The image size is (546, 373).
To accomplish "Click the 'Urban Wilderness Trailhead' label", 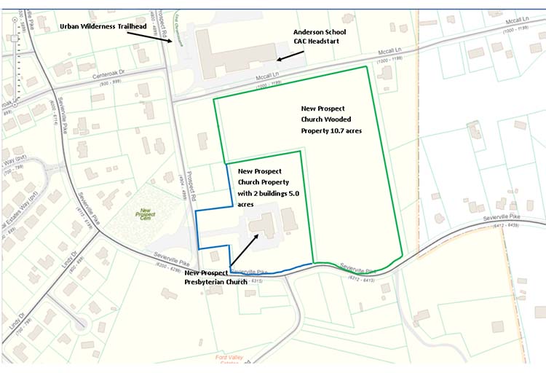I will pos(103,27).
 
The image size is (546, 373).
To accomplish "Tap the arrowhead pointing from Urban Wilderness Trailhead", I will pos(173,43).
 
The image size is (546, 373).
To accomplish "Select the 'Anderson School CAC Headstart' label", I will pos(319,37).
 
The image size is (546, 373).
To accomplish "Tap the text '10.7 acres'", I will pos(344,130).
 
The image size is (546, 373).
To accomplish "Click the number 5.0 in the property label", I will pos(290,195).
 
